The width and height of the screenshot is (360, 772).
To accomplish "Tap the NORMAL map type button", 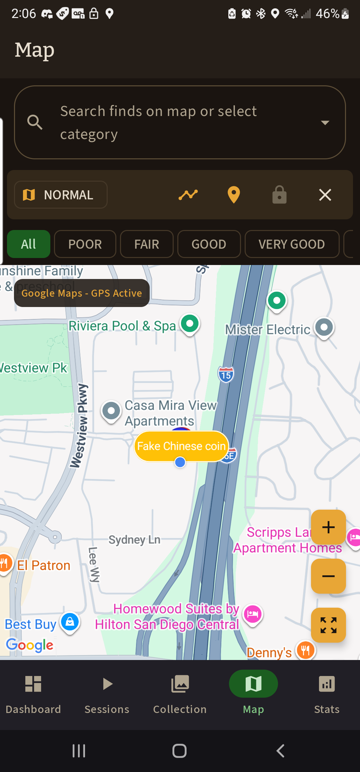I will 61,195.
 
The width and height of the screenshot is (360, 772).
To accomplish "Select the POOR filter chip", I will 85,244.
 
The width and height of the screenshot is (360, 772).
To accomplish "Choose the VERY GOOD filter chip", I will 292,244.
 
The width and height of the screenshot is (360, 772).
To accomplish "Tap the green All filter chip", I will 29,244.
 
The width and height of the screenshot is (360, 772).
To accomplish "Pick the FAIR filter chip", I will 147,244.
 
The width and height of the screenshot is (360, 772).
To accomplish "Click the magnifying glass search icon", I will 35,122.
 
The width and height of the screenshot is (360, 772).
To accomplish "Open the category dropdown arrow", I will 325,122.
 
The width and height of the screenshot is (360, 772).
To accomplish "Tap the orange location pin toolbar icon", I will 234,195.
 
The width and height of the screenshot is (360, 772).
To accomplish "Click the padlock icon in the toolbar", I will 279,195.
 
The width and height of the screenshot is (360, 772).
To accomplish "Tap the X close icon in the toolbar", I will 325,195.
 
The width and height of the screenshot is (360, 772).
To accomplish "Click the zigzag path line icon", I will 188,195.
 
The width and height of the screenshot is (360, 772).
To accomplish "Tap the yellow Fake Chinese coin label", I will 181,446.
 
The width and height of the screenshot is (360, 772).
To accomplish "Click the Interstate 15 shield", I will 226,375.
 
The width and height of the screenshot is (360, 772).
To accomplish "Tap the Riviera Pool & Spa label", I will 122,326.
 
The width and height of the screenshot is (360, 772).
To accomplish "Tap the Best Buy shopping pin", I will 70,622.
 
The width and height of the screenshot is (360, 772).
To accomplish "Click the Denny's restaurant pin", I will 305,650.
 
